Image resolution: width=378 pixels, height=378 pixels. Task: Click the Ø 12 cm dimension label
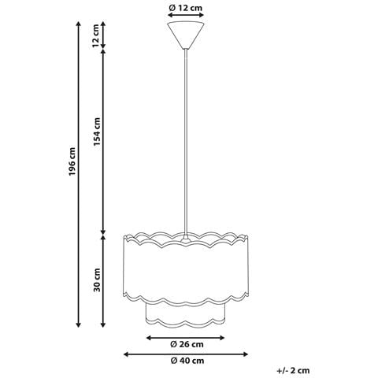(187, 8)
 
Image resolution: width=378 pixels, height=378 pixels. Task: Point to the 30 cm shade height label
(97, 279)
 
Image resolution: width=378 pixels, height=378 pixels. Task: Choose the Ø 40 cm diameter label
(187, 361)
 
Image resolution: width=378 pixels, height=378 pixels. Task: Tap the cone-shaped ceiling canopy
(187, 35)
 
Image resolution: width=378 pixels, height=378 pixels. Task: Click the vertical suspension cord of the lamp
(187, 142)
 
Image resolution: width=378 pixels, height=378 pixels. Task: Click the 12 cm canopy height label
(97, 35)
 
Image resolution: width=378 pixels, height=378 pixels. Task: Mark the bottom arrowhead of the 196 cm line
(78, 324)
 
